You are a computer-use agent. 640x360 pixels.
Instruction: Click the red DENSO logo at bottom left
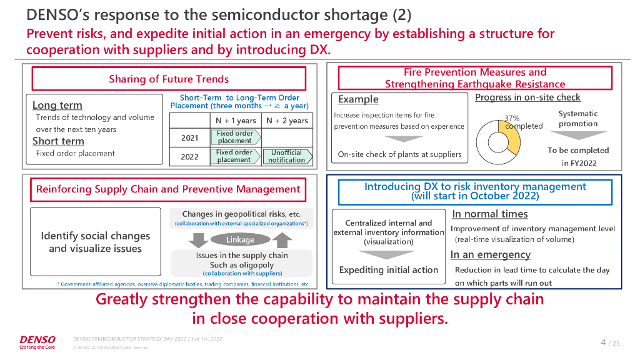pyautogui.click(x=37, y=340)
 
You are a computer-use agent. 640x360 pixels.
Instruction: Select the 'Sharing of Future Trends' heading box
pyautogui.click(x=169, y=79)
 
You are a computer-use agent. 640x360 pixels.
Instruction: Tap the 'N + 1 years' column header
pyautogui.click(x=236, y=121)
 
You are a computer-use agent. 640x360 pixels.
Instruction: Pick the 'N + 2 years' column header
pyautogui.click(x=287, y=121)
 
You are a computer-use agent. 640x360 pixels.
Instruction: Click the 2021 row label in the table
pyautogui.click(x=189, y=137)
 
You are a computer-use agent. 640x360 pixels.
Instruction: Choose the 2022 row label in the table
pyautogui.click(x=189, y=156)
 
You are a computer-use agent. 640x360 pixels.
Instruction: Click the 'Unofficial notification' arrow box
pyautogui.click(x=287, y=156)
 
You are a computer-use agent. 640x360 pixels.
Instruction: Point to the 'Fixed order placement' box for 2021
pyautogui.click(x=235, y=137)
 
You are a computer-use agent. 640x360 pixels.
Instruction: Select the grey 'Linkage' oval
pyautogui.click(x=240, y=239)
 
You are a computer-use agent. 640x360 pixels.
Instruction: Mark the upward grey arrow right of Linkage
pyautogui.click(x=282, y=239)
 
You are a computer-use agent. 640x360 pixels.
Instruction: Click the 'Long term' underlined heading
pyautogui.click(x=57, y=105)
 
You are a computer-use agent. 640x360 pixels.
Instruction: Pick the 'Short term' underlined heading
pyautogui.click(x=58, y=141)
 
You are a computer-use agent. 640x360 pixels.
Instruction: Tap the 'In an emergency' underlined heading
pyautogui.click(x=490, y=254)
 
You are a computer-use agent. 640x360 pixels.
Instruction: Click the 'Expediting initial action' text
pyautogui.click(x=389, y=270)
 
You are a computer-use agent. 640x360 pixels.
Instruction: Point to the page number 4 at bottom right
pyautogui.click(x=603, y=342)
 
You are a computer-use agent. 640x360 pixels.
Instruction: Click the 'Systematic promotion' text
pyautogui.click(x=578, y=119)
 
